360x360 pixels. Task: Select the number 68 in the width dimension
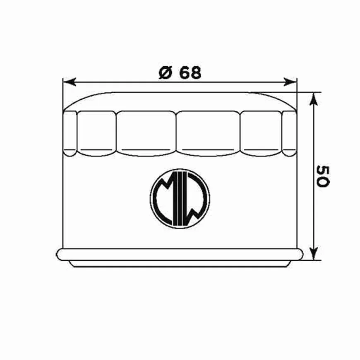coord(191,73)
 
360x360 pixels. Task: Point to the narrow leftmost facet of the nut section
coord(70,132)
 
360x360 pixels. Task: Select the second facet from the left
coord(96,132)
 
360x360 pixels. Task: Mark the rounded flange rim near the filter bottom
coord(180,254)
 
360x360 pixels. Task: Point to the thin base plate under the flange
coord(180,264)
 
